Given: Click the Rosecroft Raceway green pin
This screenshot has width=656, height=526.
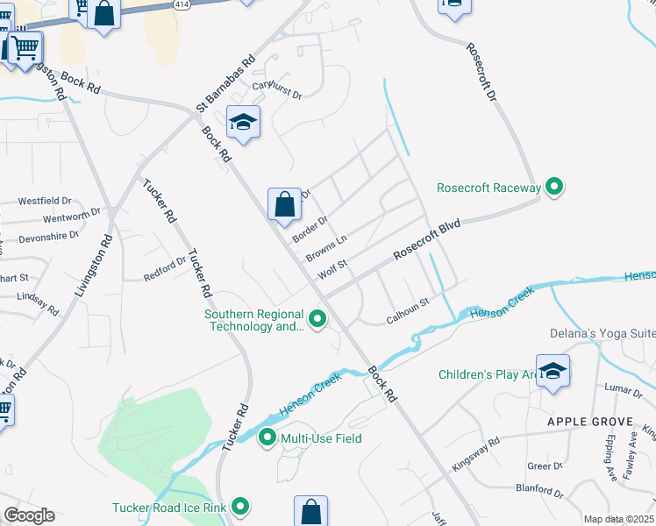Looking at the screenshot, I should pyautogui.click(x=553, y=187).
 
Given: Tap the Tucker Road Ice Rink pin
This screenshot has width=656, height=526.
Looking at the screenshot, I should pyautogui.click(x=239, y=507).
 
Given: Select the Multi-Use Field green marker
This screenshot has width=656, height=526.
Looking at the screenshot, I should pyautogui.click(x=267, y=437).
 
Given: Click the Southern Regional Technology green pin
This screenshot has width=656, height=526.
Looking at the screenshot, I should pyautogui.click(x=317, y=320).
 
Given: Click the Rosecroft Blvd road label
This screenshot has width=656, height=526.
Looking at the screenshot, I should pyautogui.click(x=427, y=239).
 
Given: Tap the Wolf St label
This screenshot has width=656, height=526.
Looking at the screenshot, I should pyautogui.click(x=333, y=269).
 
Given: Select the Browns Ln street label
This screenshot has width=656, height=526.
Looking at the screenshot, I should pyautogui.click(x=326, y=248).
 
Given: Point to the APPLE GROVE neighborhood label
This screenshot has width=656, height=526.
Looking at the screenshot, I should pyautogui.click(x=590, y=422).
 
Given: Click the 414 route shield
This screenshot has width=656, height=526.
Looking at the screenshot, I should pyautogui.click(x=182, y=4).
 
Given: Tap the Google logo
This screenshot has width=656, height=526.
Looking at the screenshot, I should pyautogui.click(x=28, y=515).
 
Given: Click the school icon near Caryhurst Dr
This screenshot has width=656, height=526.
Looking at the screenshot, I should pyautogui.click(x=243, y=122).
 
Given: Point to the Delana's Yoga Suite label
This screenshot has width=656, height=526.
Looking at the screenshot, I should pyautogui.click(x=602, y=333).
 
